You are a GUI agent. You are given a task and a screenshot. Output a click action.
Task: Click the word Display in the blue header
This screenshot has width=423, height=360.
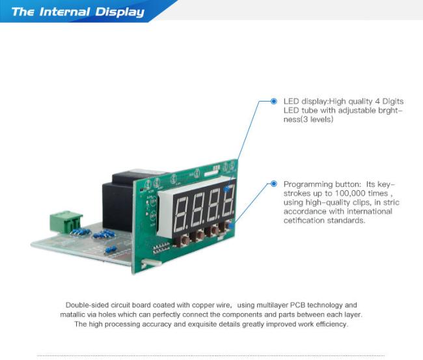(120, 12)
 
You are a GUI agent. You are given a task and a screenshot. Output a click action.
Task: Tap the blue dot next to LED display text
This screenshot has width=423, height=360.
(273, 101)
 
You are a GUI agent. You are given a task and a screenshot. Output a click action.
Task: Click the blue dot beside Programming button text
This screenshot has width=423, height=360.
(273, 184)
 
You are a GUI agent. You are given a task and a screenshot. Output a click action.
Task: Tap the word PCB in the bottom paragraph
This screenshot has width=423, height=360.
(297, 305)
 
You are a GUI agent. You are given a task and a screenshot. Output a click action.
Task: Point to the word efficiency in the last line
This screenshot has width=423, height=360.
(332, 324)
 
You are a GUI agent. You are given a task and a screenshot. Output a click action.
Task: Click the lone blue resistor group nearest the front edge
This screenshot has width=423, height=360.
(111, 249)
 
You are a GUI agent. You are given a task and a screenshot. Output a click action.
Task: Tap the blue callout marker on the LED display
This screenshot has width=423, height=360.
(226, 189)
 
